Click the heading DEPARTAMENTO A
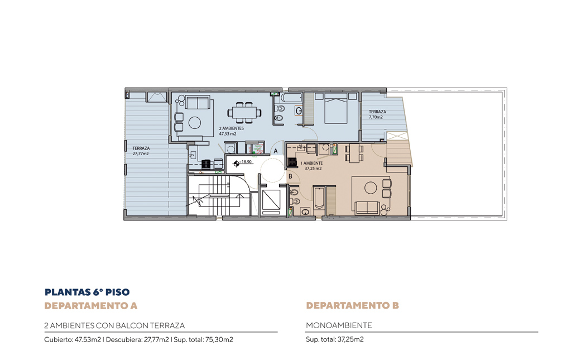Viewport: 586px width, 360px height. (x=91, y=306)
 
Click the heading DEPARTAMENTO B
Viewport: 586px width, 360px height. (x=352, y=305)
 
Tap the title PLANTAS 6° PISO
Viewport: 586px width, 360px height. (x=87, y=292)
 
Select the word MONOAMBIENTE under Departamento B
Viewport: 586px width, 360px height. (x=339, y=325)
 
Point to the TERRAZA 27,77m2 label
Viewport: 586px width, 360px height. (x=141, y=151)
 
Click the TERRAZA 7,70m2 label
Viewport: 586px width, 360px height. (x=377, y=114)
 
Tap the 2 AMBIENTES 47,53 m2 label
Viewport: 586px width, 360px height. (x=232, y=131)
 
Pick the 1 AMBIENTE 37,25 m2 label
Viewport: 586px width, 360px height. (x=311, y=166)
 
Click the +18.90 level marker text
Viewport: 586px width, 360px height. (x=246, y=162)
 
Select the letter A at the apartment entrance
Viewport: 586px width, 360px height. (x=276, y=151)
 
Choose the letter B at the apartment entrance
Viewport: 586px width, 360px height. (x=290, y=176)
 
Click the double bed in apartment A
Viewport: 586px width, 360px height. (x=336, y=108)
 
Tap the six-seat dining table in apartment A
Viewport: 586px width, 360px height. (x=244, y=112)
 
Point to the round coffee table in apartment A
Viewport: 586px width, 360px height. (x=194, y=123)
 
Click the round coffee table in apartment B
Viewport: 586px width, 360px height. (x=371, y=188)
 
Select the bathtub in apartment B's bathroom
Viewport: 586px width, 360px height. (x=319, y=198)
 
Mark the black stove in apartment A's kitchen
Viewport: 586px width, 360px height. (x=206, y=164)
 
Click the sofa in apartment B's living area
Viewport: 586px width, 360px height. (x=367, y=208)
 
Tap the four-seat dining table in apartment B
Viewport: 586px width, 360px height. (x=354, y=153)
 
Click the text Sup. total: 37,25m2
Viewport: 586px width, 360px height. (x=335, y=339)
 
